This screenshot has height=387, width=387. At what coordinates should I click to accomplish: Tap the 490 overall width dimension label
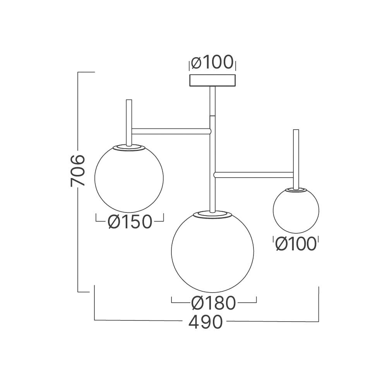(205, 322)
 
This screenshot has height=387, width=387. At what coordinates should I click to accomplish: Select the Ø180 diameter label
(214, 303)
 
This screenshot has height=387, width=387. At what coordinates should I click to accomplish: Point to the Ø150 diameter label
(130, 222)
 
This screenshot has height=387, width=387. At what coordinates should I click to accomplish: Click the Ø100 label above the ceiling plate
(212, 62)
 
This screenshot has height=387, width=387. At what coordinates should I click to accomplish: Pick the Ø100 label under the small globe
(296, 244)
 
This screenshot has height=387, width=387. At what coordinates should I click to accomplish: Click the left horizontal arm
(170, 131)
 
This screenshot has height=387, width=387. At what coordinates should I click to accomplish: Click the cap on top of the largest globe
(212, 214)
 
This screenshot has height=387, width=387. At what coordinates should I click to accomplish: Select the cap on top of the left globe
(129, 147)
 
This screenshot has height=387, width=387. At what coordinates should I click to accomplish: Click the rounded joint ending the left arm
(209, 131)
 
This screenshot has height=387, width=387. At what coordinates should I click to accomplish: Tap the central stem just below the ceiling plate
(212, 101)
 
